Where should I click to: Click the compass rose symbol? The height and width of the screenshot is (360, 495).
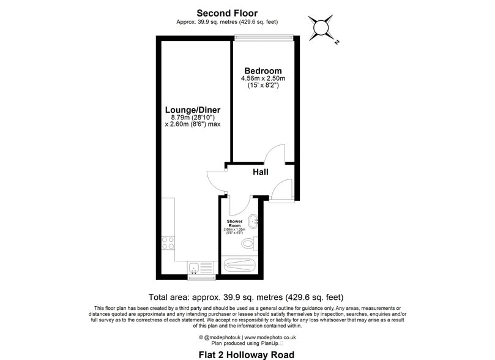click(x=321, y=28)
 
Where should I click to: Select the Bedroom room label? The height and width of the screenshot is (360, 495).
click(x=262, y=70)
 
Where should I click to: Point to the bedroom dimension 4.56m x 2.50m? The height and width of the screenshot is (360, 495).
click(x=263, y=78)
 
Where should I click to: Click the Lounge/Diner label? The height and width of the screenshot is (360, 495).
click(x=192, y=110)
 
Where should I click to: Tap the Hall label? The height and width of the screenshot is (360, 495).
click(x=261, y=173)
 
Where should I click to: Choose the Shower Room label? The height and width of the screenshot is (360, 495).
click(x=235, y=223)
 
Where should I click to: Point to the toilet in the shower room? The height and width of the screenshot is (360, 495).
click(x=248, y=244)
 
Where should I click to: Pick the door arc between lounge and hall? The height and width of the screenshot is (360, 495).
click(x=215, y=179)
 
